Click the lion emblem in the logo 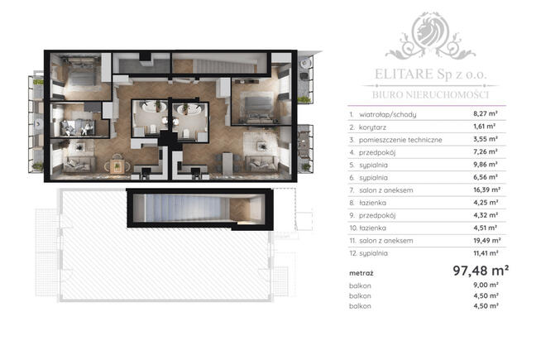pyautogui.click(x=430, y=32)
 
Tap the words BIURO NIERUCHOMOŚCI pyautogui.click(x=430, y=94)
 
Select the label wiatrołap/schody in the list pyautogui.click(x=388, y=114)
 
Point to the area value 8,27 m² pyautogui.click(x=485, y=113)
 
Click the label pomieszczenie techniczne pyautogui.click(x=400, y=140)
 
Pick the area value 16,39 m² pyautogui.click(x=486, y=190)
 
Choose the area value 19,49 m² pyautogui.click(x=486, y=240)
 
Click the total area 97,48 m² pyautogui.click(x=481, y=271)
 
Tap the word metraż pyautogui.click(x=361, y=273)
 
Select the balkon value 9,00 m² pyautogui.click(x=486, y=285)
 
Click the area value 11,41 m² pyautogui.click(x=486, y=253)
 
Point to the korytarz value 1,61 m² pyautogui.click(x=484, y=127)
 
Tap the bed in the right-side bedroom pyautogui.click(x=258, y=109)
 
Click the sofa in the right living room pyautogui.click(x=261, y=164)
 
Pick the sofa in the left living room pyautogui.click(x=79, y=165)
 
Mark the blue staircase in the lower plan pyautogui.click(x=184, y=208)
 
